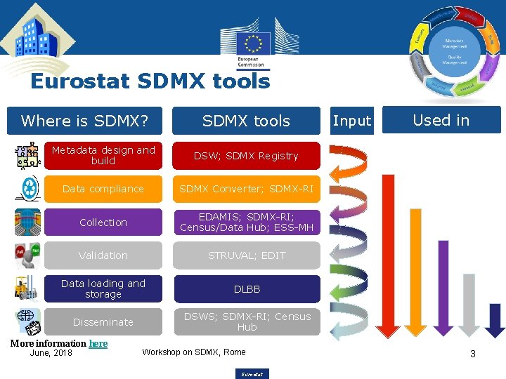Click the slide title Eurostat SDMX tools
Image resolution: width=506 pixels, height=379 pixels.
(x=150, y=81)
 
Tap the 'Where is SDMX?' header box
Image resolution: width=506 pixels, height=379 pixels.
(x=84, y=121)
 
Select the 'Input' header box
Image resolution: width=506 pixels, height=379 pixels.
(x=351, y=121)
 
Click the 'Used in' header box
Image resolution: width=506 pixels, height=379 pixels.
(x=441, y=120)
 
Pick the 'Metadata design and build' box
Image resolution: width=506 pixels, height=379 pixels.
(x=103, y=156)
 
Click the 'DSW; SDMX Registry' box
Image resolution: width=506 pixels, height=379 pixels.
(x=247, y=156)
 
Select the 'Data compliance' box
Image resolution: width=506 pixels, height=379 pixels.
(x=103, y=189)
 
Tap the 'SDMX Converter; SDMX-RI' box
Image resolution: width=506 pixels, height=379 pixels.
(x=247, y=189)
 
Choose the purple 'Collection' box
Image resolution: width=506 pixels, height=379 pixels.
(x=103, y=222)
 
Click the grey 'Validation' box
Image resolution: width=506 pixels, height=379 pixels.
(x=103, y=255)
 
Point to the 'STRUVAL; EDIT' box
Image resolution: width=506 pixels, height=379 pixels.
(x=247, y=255)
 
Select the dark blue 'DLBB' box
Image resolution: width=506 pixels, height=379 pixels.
(x=247, y=289)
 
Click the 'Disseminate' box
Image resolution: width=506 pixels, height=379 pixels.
(x=103, y=322)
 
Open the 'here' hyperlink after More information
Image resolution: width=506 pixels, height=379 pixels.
(x=98, y=343)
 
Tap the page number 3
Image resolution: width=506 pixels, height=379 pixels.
(x=472, y=354)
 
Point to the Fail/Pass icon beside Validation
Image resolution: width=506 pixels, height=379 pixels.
(x=27, y=255)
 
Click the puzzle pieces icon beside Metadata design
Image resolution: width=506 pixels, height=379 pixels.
(x=27, y=155)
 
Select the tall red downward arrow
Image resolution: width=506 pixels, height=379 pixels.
(x=388, y=253)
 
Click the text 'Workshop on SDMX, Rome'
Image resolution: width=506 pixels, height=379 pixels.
(x=194, y=352)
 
